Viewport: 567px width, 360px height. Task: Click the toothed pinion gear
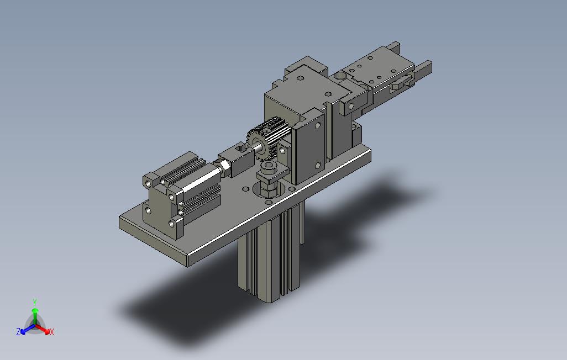pos(266,139)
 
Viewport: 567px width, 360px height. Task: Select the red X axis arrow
pos(43,329)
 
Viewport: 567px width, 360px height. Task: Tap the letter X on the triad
pos(52,332)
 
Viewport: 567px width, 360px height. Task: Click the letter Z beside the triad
pos(18,331)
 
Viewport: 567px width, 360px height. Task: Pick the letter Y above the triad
pos(35,302)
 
